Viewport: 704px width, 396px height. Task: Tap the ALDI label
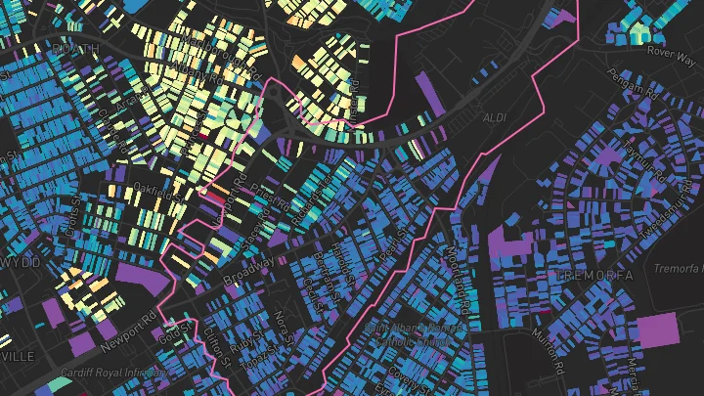click(497, 117)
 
